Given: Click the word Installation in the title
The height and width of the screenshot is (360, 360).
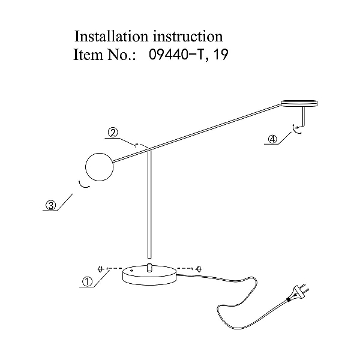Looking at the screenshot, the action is click(x=111, y=36).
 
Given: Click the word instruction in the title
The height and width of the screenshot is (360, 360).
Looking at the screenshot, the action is click(x=188, y=36).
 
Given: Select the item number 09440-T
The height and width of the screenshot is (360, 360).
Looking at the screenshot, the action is click(x=177, y=55).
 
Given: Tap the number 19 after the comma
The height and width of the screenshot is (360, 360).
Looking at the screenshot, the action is click(x=221, y=55).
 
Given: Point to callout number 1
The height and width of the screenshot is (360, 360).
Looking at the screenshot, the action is click(x=87, y=281).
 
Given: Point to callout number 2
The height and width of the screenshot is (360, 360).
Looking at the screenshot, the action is click(x=113, y=133).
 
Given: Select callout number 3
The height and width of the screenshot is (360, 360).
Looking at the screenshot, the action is click(x=51, y=205).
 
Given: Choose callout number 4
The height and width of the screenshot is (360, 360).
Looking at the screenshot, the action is click(x=272, y=139).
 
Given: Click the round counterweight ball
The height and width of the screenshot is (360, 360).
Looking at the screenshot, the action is click(x=99, y=167).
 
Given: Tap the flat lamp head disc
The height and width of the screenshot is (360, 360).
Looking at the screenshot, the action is click(x=299, y=103).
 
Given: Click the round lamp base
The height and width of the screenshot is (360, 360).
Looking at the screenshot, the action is click(x=150, y=275).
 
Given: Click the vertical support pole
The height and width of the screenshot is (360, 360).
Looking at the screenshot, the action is click(x=149, y=204).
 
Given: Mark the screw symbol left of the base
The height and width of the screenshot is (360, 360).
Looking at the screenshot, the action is click(x=100, y=269).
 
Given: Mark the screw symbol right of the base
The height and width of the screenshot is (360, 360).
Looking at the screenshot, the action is click(x=199, y=269).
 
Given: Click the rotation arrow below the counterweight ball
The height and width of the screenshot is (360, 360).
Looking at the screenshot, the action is click(x=83, y=185).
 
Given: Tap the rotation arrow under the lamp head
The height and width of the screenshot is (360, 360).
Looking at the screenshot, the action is click(x=296, y=129).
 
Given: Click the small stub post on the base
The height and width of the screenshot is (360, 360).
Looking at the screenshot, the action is click(x=149, y=268).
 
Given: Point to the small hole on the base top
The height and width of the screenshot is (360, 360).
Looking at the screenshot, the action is click(x=131, y=271).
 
